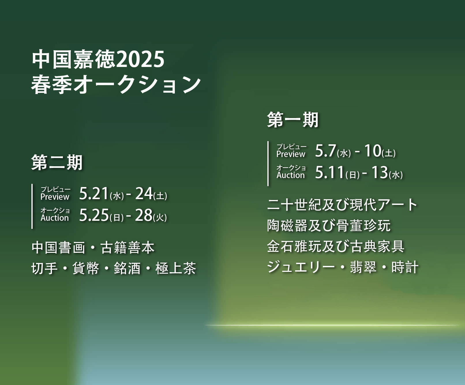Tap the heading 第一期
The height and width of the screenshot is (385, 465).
coord(293,120)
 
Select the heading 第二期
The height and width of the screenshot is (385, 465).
coord(57,162)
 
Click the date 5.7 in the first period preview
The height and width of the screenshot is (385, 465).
coord(326,151)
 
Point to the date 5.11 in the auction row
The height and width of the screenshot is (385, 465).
coord(330,172)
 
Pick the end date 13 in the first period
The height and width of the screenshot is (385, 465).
coord(379,172)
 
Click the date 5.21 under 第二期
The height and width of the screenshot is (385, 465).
coord(94,194)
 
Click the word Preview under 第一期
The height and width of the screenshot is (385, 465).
coord(291,154)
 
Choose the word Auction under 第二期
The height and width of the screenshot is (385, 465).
coord(55,218)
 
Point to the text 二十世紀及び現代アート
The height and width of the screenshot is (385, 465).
coord(342,205)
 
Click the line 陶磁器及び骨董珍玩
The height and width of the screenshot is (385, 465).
coord(329,225)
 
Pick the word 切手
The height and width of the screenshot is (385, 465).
coord(45,268)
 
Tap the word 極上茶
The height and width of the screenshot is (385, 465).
coord(176,268)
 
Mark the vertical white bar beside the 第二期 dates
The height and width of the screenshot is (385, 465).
coord(32,206)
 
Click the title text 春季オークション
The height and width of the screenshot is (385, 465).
coord(116,85)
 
